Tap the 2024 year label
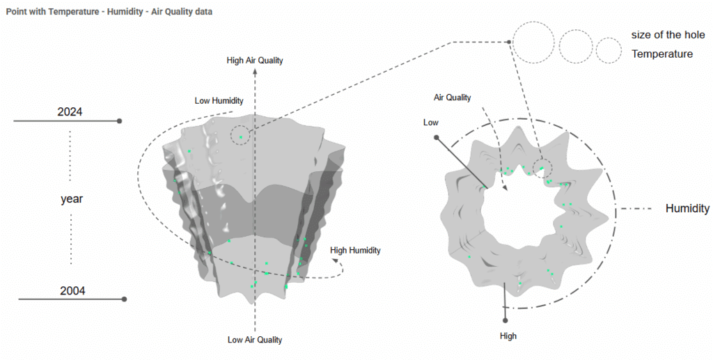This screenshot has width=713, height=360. point(70,112)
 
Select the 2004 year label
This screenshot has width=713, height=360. point(72,291)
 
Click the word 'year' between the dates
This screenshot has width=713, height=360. point(72,199)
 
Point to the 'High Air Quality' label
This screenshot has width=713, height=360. point(255,61)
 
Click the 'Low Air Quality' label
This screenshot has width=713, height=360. point(255,340)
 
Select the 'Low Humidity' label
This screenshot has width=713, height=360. point(219,101)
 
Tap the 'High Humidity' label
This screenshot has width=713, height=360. point(355,250)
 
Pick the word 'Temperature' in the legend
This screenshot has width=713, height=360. point(661,54)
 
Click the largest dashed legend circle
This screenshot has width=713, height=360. point(533,43)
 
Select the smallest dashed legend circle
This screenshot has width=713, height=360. point(609,49)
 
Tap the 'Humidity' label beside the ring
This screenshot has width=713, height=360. point(687,208)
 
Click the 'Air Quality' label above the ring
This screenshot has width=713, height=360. point(453,97)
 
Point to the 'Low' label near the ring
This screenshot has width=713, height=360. point(431,123)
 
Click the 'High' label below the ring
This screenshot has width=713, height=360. point(508,336)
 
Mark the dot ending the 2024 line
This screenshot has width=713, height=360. point(120,121)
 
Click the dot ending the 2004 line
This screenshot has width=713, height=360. point(124,299)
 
